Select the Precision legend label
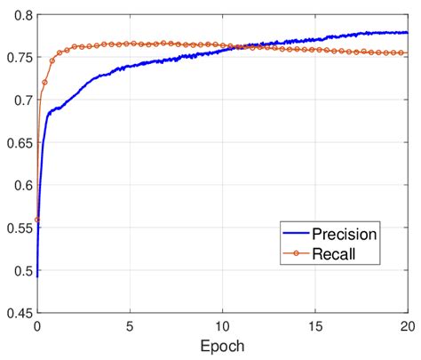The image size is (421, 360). pos(343,235)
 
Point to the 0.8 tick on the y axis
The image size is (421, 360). pos(21,15)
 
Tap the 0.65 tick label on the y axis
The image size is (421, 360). pos(18,142)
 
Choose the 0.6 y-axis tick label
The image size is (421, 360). pos(21,185)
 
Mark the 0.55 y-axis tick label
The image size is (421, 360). pos(18,228)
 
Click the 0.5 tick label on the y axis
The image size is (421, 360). pos(21,270)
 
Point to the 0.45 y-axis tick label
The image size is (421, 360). pos(18,313)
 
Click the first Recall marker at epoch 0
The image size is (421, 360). pos(37,220)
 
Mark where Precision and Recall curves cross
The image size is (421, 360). pos(229,46)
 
